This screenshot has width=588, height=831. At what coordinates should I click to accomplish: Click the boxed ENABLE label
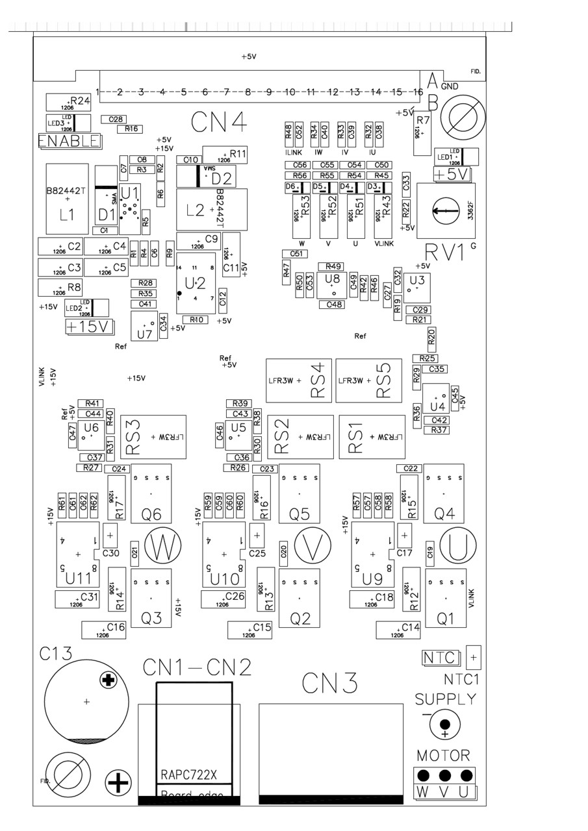[70, 141]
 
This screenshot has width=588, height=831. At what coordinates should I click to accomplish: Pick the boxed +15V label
[90, 327]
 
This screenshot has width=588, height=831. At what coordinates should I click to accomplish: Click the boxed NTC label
[440, 658]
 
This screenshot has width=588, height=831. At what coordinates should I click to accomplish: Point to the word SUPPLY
[446, 699]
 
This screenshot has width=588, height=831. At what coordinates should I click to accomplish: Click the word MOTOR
[443, 756]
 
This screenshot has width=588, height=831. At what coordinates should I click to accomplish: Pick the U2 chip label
[195, 283]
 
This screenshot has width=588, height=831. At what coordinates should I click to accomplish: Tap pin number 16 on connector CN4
[415, 92]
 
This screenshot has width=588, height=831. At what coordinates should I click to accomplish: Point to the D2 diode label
[222, 177]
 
